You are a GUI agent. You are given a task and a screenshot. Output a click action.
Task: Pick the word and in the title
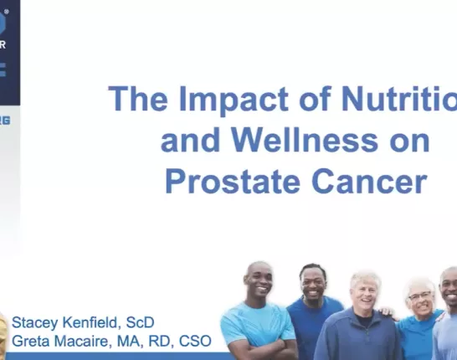pyautogui.click(x=185, y=140)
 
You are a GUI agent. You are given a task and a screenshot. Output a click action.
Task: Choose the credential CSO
pyautogui.click(x=193, y=342)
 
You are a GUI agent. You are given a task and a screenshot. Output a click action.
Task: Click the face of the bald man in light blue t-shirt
pyautogui.click(x=259, y=284)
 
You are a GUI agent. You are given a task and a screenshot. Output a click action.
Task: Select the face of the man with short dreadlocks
pyautogui.click(x=311, y=285)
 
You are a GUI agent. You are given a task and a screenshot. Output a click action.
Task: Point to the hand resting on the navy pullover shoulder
pyautogui.click(x=388, y=312)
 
